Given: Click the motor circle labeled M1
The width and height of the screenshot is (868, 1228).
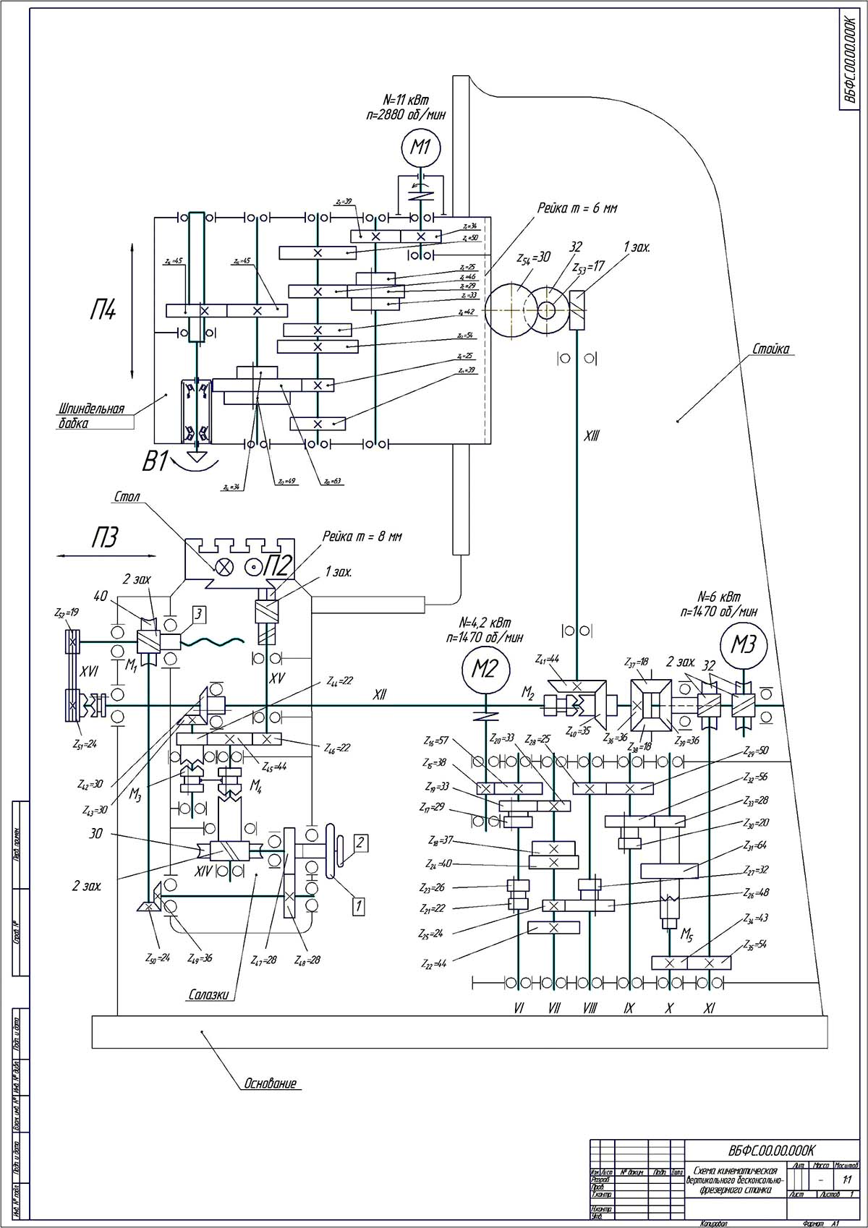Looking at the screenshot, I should click(x=421, y=148).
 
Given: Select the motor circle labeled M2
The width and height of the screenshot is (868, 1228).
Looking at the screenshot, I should click(x=485, y=669).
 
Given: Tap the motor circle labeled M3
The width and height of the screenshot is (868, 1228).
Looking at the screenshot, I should click(x=743, y=644).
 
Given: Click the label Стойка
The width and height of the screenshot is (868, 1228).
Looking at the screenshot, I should click(x=770, y=350).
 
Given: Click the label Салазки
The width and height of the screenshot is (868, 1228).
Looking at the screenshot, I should click(x=208, y=994).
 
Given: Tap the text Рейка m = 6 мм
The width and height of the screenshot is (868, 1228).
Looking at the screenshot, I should click(x=577, y=208).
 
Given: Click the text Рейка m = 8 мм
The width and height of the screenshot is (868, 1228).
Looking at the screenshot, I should click(x=362, y=537).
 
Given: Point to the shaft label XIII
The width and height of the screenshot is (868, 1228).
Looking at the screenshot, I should click(x=592, y=436).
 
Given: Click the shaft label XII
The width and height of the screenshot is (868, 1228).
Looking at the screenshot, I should click(x=379, y=695).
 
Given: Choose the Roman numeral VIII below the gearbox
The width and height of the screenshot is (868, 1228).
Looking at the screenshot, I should click(x=590, y=1008).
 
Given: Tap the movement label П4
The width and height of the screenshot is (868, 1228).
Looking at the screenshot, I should click(x=103, y=312).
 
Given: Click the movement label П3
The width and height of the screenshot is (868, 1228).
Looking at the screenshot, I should click(x=104, y=538).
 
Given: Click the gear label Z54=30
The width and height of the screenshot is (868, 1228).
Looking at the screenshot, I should click(x=534, y=258).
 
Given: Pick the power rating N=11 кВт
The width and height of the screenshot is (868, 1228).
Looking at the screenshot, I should click(x=409, y=99).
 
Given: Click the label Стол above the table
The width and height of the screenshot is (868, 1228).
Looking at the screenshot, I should click(x=127, y=498).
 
